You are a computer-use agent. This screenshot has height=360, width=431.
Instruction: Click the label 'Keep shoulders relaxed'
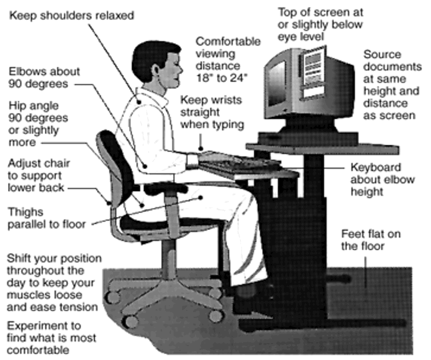pyautogui.click(x=72, y=15)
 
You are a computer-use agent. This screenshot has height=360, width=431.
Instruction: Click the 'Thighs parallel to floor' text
pyautogui.click(x=46, y=218)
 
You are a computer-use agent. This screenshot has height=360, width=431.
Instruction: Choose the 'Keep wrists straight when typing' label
pyautogui.click(x=212, y=112)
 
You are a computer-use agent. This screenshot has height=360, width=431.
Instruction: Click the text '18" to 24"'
pyautogui.click(x=224, y=77)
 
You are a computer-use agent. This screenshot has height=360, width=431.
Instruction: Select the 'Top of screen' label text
pyautogui.click(x=320, y=12)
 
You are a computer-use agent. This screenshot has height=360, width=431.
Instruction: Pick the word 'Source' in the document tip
pyautogui.click(x=382, y=54)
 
